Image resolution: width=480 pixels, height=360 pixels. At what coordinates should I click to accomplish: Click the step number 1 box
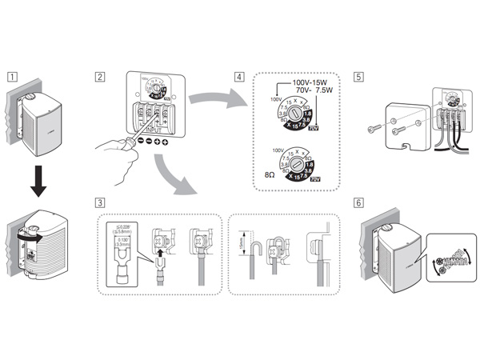point(11,78)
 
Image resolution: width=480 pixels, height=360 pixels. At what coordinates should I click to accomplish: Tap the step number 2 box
point(100,78)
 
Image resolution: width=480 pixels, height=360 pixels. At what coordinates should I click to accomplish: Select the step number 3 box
point(100,203)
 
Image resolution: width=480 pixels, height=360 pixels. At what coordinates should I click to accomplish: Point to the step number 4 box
point(239,78)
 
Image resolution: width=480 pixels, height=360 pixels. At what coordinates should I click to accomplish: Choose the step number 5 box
point(358,78)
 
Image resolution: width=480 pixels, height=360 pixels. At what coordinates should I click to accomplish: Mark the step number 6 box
point(358,203)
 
